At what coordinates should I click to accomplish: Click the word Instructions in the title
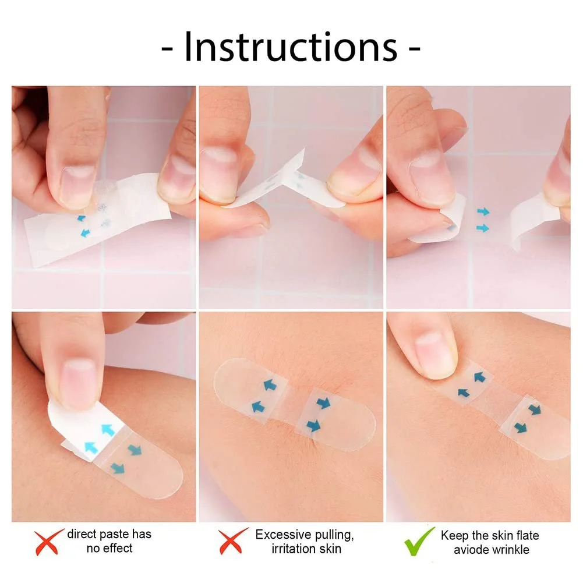[x=291, y=48]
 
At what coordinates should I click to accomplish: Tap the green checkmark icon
[x=419, y=542]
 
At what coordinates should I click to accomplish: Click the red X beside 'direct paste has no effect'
[x=48, y=542]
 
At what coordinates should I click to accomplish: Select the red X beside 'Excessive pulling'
[x=232, y=541]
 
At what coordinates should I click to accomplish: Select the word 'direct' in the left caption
[x=82, y=534]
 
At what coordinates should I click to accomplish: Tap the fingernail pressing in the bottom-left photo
[x=80, y=384]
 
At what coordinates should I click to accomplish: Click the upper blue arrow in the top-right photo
[x=483, y=212]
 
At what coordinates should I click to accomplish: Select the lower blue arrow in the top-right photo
[x=483, y=228]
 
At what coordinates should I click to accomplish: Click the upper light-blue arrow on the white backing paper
[x=108, y=430]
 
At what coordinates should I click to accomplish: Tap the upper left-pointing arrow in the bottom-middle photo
[x=270, y=385]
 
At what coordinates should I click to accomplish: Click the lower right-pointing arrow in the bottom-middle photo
[x=313, y=425]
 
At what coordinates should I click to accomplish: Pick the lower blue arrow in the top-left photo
[x=86, y=233]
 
